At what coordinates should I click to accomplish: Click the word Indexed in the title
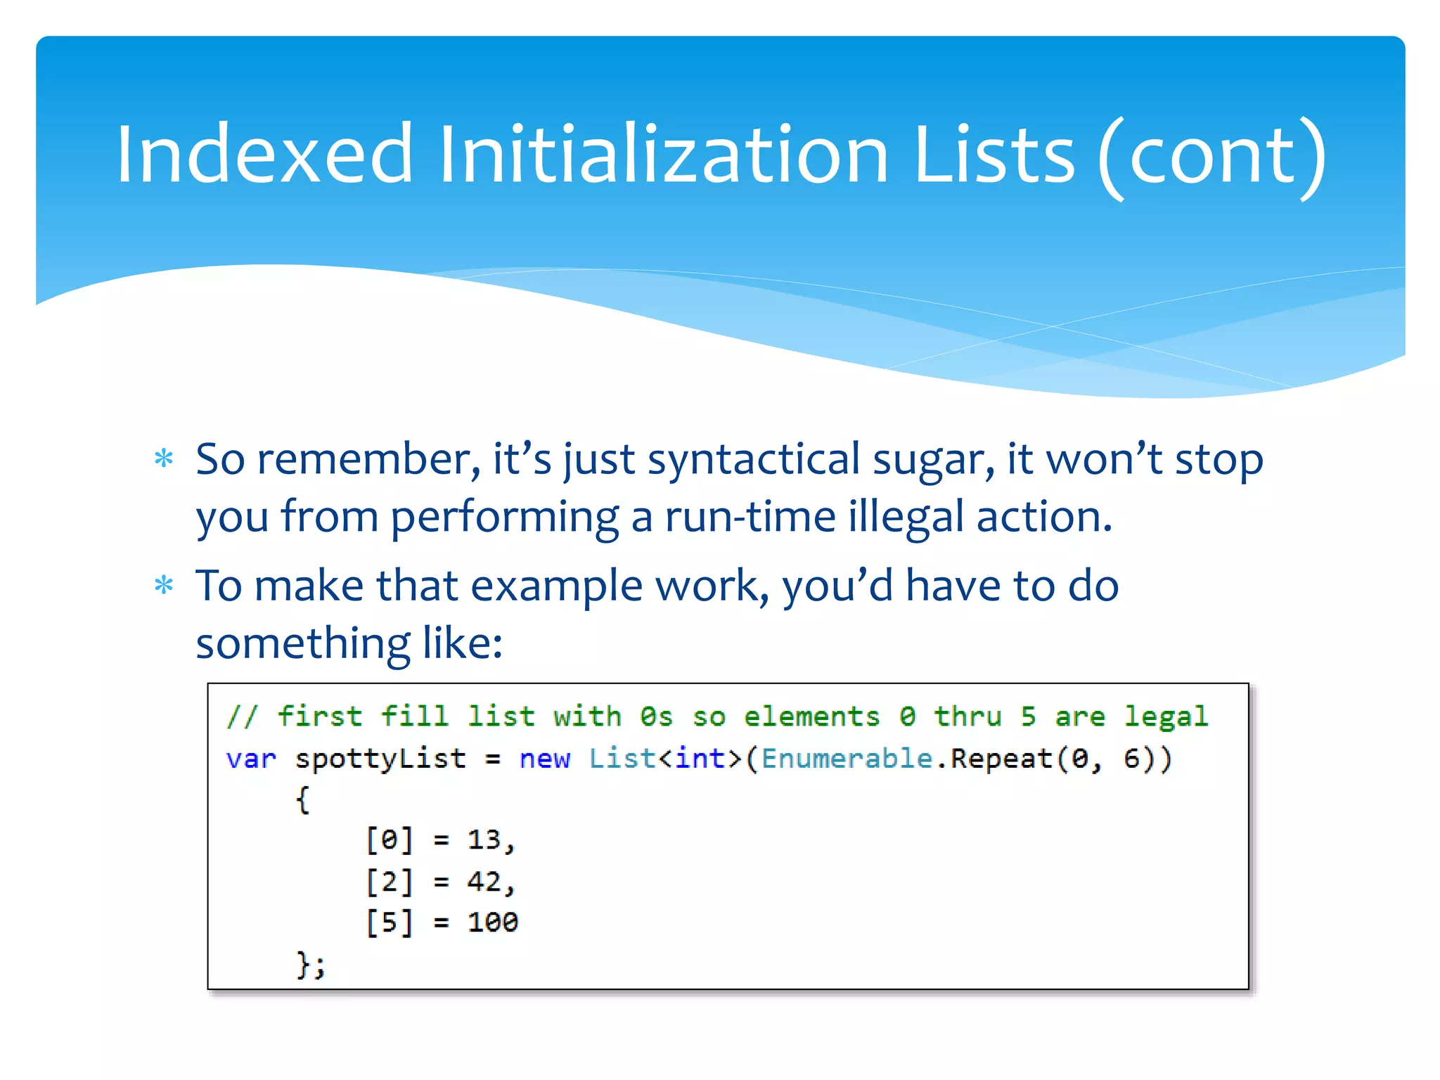click(x=264, y=155)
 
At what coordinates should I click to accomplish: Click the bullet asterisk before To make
click(x=164, y=586)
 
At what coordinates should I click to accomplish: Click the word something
click(x=302, y=644)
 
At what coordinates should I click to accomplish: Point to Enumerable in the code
click(x=847, y=759)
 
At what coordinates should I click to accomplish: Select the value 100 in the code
click(x=492, y=922)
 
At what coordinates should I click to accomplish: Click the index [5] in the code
click(x=389, y=922)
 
